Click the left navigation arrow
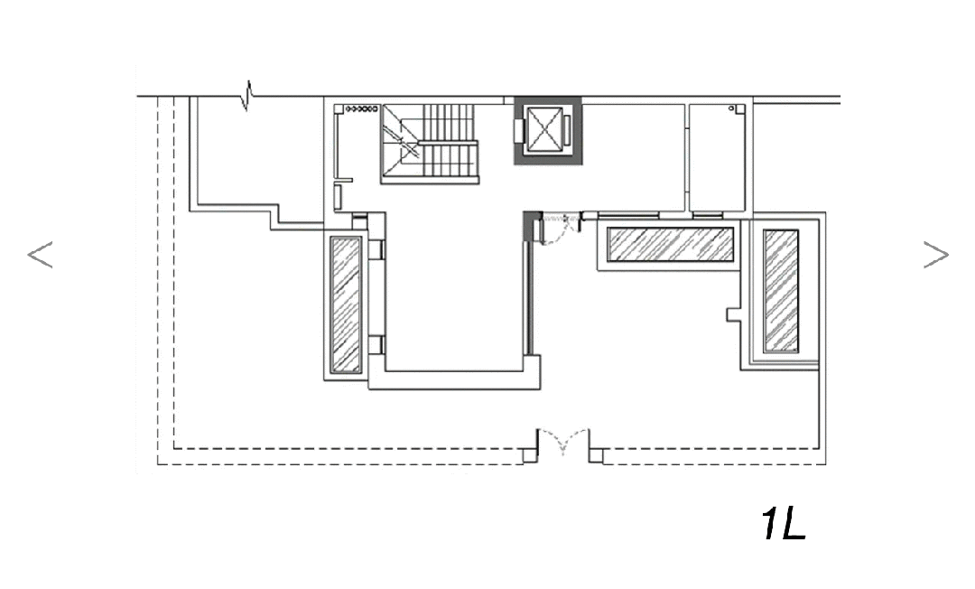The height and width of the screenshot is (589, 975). pos(41,255)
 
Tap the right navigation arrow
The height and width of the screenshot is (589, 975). pos(936,255)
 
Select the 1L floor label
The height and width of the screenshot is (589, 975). pos(784,524)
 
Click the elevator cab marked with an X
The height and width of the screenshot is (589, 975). pos(544,130)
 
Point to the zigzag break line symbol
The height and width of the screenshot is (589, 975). pos(249,95)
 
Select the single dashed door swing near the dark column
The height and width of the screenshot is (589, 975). pos(560,229)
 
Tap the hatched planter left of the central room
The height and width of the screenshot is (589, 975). pos(346,304)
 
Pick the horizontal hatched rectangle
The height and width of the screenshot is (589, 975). pos(670,245)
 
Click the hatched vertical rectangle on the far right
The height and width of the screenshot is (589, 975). pos(781,291)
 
